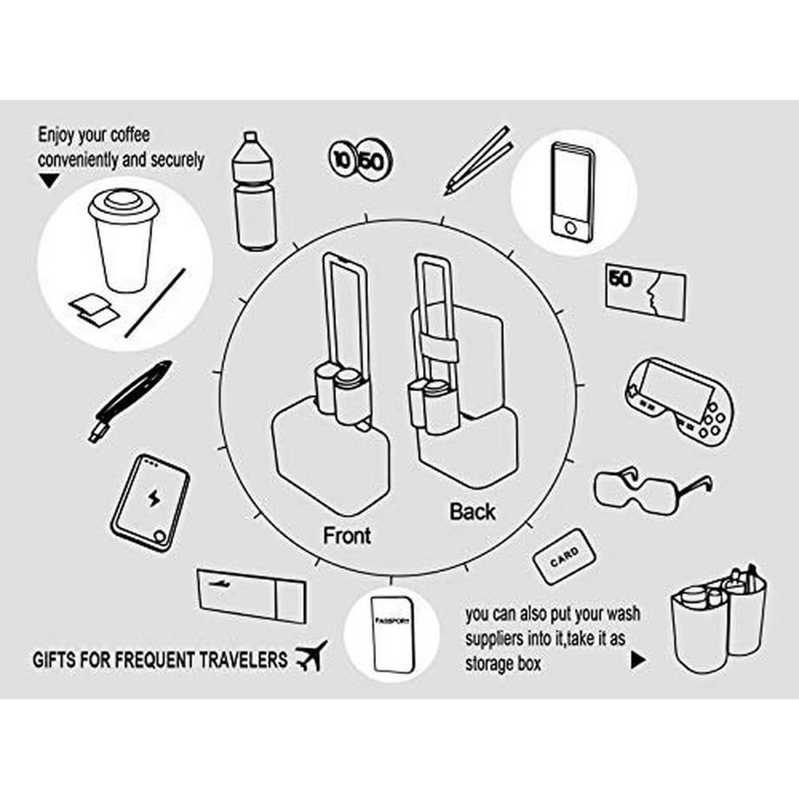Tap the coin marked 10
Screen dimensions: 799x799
(342, 160)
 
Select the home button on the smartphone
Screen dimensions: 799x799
(571, 228)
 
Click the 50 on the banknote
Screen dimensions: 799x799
(620, 278)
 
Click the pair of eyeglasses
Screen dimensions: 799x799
(652, 486)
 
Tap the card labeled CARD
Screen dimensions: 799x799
(565, 556)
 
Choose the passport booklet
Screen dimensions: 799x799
(393, 634)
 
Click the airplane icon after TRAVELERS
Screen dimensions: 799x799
(312, 656)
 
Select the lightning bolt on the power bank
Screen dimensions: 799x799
(153, 498)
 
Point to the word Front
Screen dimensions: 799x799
(347, 536)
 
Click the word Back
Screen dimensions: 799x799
(472, 512)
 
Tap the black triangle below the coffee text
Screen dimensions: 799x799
(50, 181)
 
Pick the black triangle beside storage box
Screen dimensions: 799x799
(638, 659)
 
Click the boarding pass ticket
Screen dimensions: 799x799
(252, 596)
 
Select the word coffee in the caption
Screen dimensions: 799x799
(130, 135)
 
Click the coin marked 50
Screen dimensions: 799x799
(374, 162)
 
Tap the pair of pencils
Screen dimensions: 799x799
(478, 161)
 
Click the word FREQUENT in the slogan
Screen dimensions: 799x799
(155, 660)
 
